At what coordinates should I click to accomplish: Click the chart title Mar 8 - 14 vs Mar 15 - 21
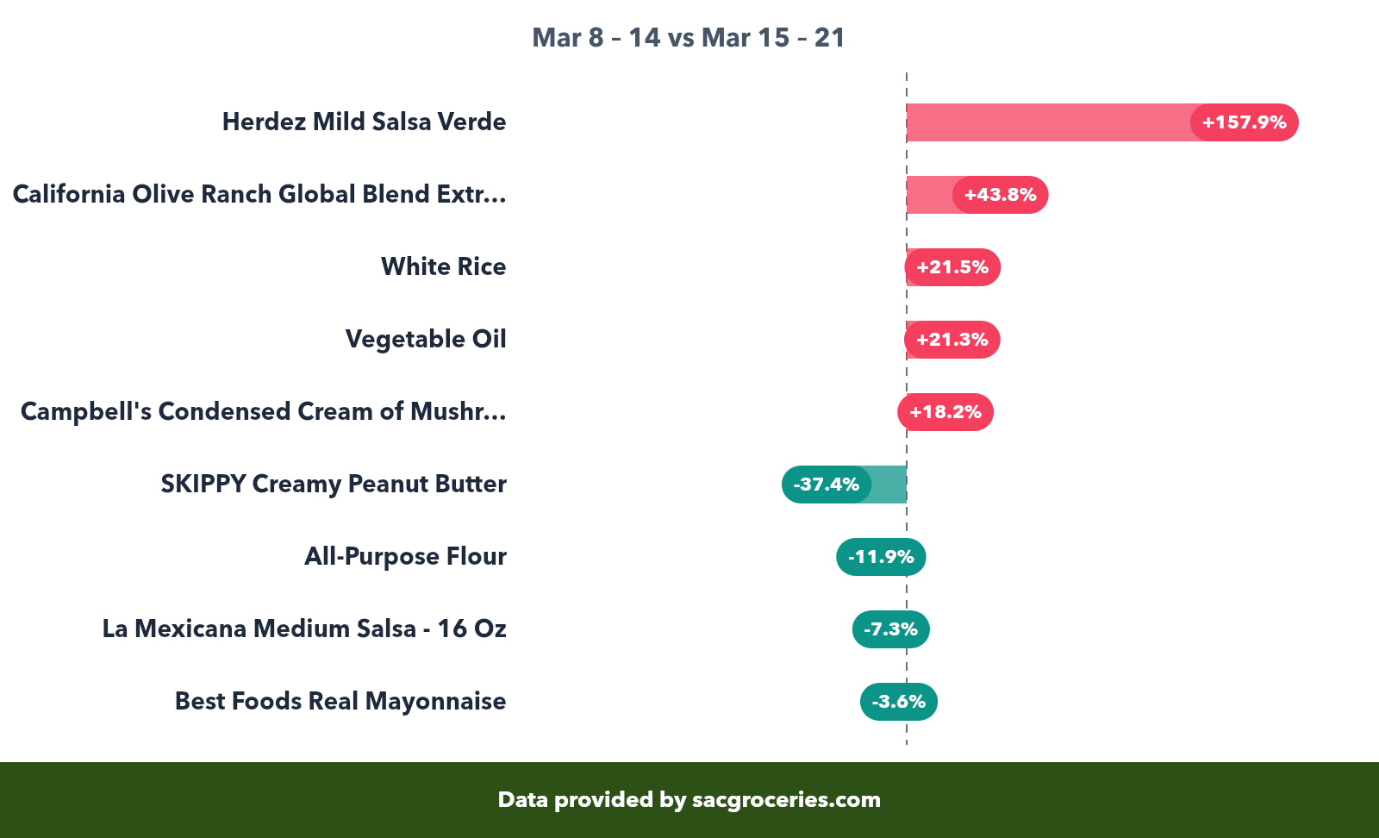[688, 38]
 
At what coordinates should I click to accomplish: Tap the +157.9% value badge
[1244, 122]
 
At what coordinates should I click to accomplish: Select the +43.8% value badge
[1000, 195]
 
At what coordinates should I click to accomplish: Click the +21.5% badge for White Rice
[952, 267]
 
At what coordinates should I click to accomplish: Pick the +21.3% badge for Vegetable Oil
[952, 340]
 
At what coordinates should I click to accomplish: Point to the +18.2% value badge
[945, 412]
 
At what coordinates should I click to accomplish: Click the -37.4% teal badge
[826, 485]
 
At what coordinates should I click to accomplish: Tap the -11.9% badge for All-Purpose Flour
[881, 557]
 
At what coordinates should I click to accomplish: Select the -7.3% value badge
[890, 629]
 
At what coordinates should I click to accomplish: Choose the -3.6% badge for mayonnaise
[898, 702]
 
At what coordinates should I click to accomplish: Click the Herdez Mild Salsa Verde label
[364, 122]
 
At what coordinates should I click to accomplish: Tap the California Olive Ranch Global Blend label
[259, 194]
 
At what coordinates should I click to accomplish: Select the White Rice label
[443, 266]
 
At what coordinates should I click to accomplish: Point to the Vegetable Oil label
[426, 339]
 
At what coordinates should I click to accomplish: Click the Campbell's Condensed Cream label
[263, 411]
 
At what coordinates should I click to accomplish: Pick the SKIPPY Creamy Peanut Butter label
[334, 484]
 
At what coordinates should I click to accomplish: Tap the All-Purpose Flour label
[405, 556]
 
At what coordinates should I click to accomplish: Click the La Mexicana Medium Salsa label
[304, 628]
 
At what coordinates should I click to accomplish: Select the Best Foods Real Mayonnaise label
[340, 701]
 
